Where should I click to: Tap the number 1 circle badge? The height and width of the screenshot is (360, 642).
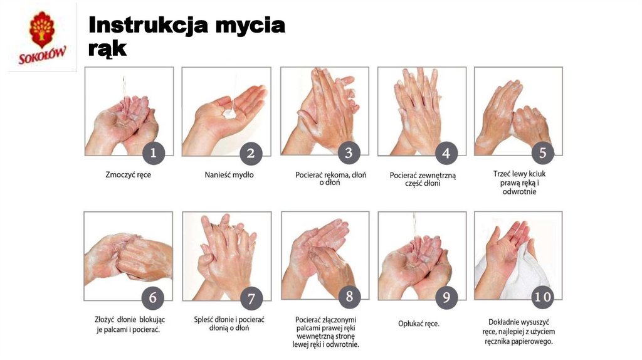tap(153, 152)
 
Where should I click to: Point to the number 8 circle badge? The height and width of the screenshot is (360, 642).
tap(349, 297)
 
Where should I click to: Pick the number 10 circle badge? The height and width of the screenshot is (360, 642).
tap(543, 297)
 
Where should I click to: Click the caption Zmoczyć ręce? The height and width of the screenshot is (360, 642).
tap(128, 175)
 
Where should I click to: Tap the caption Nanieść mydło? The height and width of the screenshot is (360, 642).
tap(229, 175)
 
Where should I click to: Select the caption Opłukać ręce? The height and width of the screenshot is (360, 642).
tap(419, 324)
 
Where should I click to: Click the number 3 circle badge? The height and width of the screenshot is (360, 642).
tap(349, 152)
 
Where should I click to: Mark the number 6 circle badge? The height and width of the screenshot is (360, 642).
tap(152, 297)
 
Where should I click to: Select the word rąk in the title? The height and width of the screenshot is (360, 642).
tap(107, 48)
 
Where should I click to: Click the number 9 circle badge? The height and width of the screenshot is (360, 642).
tap(446, 297)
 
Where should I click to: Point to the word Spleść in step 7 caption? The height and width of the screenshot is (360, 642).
tap(205, 319)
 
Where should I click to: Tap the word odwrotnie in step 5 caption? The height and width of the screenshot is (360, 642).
tap(520, 191)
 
